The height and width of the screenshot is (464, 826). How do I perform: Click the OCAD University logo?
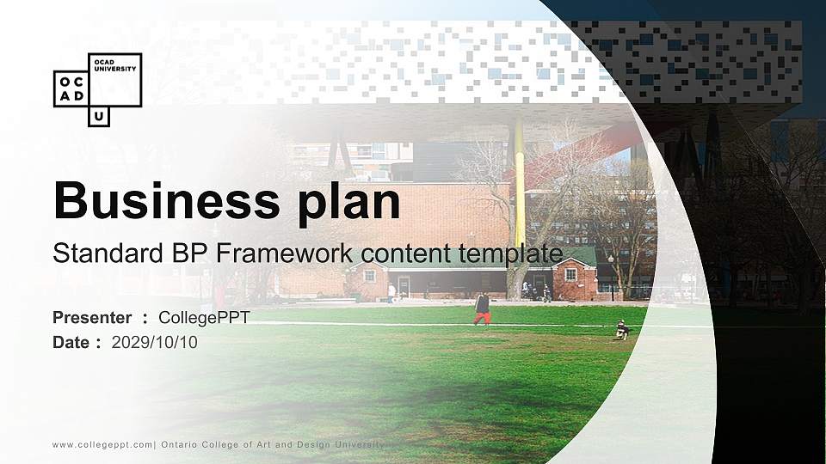tap(97, 89)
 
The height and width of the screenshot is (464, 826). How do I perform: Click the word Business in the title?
tap(160, 201)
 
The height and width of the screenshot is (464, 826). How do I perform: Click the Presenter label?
tap(92, 318)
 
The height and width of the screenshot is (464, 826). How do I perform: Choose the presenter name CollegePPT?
tap(204, 318)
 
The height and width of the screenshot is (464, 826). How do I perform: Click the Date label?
tap(71, 343)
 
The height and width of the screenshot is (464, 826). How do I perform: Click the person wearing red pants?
tap(482, 308)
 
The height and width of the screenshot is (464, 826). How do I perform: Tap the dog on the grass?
tap(621, 330)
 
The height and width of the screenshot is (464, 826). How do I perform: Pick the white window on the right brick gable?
tap(570, 275)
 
